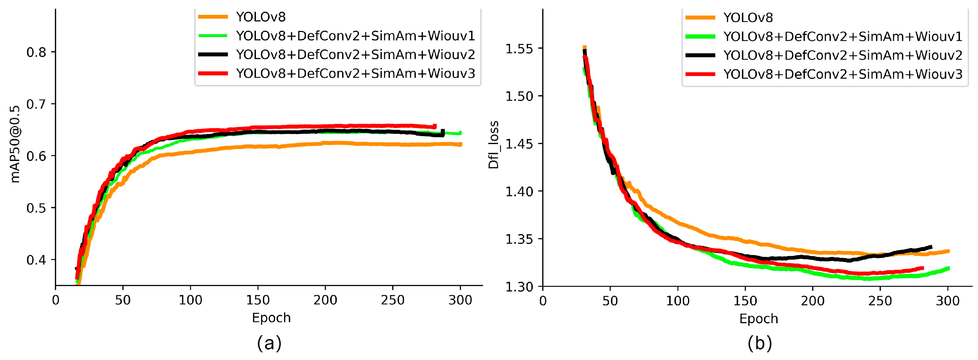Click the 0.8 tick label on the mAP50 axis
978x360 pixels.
[36, 52]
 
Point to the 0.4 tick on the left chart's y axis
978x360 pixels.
[36, 260]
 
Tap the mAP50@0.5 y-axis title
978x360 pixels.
[15, 144]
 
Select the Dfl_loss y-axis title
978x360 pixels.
[493, 145]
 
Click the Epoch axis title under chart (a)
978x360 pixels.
[271, 318]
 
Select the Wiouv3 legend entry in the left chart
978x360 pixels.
[355, 73]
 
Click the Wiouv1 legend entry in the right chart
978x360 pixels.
[842, 36]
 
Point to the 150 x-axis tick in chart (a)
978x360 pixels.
[258, 300]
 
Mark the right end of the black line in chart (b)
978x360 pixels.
[931, 247]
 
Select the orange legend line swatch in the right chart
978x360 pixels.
[701, 17]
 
